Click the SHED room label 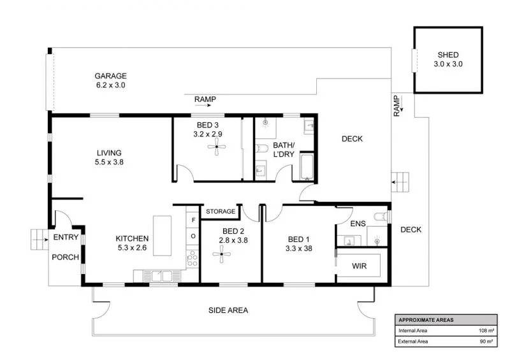click(x=448, y=55)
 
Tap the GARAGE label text click(x=111, y=75)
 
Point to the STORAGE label click(x=221, y=211)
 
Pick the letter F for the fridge click(x=193, y=220)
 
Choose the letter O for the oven click(x=193, y=236)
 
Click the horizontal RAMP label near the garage click(x=205, y=99)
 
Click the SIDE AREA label click(x=228, y=310)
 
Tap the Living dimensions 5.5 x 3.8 click(x=109, y=162)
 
